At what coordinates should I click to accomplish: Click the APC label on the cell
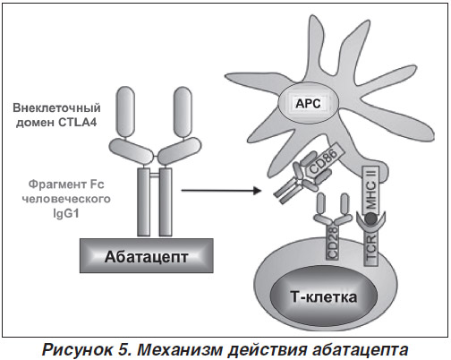(308, 104)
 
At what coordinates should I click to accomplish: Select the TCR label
(371, 249)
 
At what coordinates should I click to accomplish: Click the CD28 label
(333, 242)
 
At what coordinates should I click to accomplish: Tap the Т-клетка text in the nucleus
(323, 297)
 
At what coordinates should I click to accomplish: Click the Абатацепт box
(147, 256)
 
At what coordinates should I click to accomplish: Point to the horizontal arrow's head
(257, 190)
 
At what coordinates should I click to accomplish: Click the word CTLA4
(77, 123)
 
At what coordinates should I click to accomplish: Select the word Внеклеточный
(56, 107)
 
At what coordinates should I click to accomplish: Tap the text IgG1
(66, 214)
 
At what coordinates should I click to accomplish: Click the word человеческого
(66, 199)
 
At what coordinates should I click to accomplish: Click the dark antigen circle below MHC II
(371, 219)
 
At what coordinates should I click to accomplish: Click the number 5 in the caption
(124, 349)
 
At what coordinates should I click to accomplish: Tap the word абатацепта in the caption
(360, 349)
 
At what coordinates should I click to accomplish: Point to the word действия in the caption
(268, 349)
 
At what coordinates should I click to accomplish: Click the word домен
(35, 123)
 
